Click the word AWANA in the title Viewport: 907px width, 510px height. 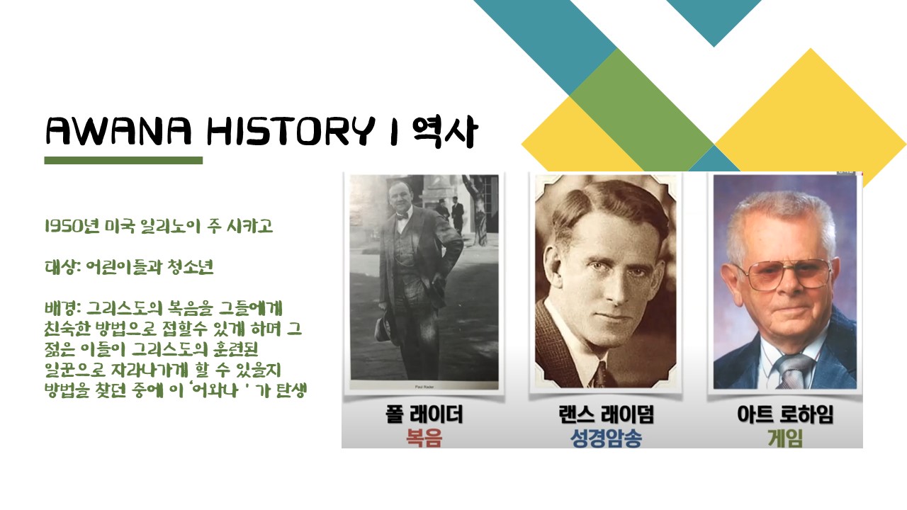[118, 131]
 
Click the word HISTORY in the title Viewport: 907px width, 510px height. [291, 131]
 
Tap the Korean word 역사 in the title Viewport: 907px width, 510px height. [446, 132]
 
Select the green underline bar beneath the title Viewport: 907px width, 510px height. [123, 160]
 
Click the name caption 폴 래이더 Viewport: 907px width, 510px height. [424, 414]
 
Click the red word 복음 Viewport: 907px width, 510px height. [424, 438]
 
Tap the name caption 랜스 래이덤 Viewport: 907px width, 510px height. [606, 414]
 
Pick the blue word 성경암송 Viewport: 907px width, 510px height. [606, 438]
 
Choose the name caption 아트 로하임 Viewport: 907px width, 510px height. [785, 414]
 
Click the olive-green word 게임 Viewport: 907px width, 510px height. [785, 438]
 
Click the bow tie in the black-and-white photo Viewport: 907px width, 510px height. [402, 217]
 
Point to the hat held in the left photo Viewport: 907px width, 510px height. [383, 328]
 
